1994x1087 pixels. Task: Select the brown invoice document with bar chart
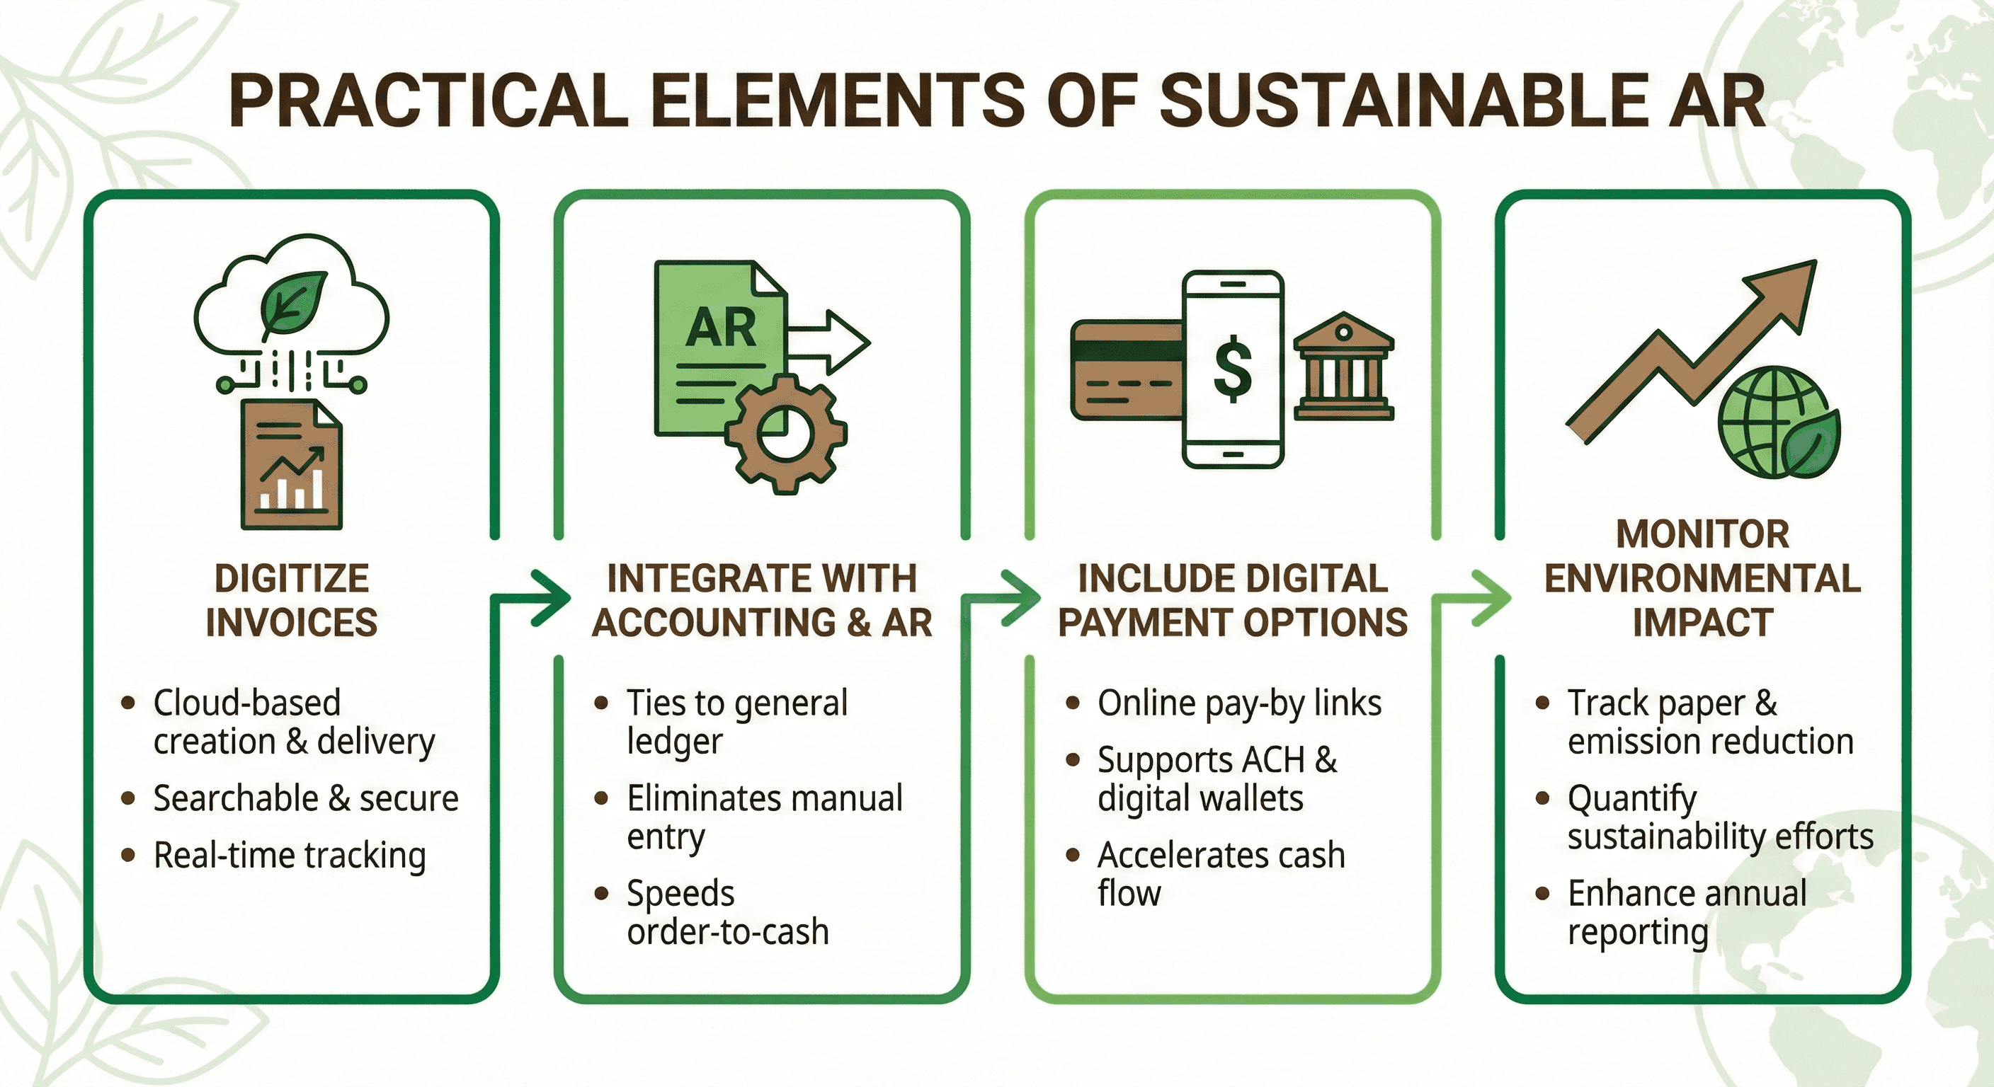tap(291, 464)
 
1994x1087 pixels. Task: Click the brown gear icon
tap(785, 433)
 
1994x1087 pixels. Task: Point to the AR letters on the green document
tap(720, 327)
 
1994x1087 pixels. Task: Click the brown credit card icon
tap(1127, 370)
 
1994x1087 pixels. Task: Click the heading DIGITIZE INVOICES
tap(292, 600)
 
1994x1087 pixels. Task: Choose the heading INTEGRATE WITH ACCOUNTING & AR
tap(763, 600)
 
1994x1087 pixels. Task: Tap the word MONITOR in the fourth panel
tap(1702, 534)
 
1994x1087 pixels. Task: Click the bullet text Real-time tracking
tap(290, 856)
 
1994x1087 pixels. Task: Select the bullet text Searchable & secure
tap(306, 798)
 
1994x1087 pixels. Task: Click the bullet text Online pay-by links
tap(1239, 703)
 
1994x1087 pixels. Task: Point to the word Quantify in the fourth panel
tap(1631, 798)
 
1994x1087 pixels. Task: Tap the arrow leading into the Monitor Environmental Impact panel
tap(1488, 597)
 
